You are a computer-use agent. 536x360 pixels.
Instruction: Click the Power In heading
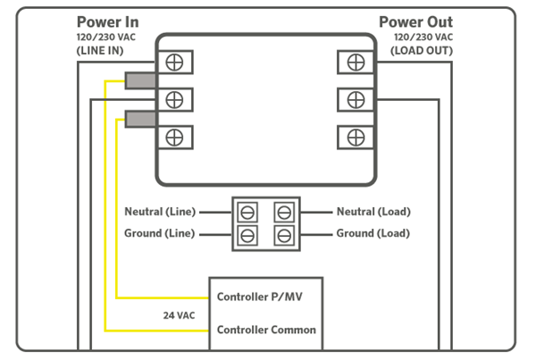pyautogui.click(x=107, y=21)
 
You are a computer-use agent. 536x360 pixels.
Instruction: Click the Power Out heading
pyautogui.click(x=415, y=21)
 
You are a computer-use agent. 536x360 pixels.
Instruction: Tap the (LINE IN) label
pyautogui.click(x=101, y=51)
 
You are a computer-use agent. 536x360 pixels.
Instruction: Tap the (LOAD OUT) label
pyautogui.click(x=422, y=51)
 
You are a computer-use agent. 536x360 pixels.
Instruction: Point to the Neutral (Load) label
pyautogui.click(x=373, y=213)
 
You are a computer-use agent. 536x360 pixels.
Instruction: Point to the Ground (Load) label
pyautogui.click(x=373, y=234)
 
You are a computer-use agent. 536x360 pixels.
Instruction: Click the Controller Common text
pyautogui.click(x=266, y=330)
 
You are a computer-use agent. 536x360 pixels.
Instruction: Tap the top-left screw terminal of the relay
pyautogui.click(x=175, y=62)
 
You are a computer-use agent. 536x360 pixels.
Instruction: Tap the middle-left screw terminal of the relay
pyautogui.click(x=175, y=98)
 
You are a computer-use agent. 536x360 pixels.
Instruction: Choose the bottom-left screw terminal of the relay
pyautogui.click(x=175, y=137)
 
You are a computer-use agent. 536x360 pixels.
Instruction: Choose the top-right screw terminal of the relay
pyautogui.click(x=355, y=62)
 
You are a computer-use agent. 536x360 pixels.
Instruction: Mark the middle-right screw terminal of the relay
pyautogui.click(x=355, y=98)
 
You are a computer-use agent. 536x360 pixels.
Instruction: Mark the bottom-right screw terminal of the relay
pyautogui.click(x=355, y=137)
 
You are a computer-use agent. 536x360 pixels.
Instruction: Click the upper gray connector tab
pyautogui.click(x=140, y=81)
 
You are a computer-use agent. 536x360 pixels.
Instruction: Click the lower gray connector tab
pyautogui.click(x=140, y=118)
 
